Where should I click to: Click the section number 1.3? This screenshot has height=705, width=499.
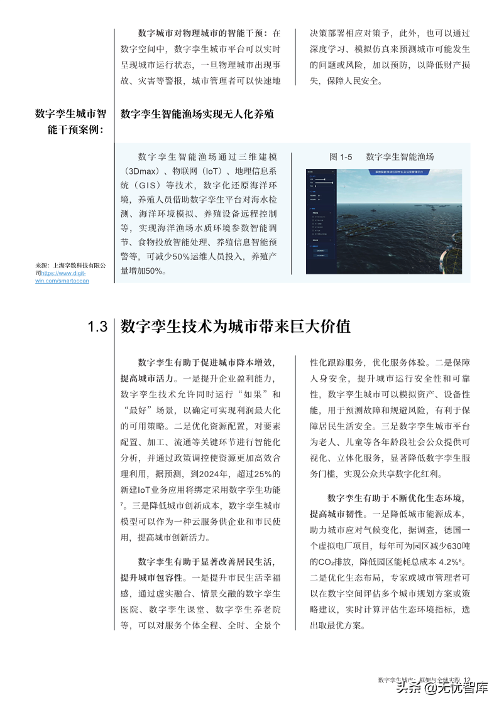97,327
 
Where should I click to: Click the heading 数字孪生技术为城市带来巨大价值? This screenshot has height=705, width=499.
235,326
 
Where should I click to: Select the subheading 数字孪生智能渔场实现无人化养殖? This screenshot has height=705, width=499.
197,114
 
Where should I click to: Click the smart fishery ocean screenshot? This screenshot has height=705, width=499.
383,221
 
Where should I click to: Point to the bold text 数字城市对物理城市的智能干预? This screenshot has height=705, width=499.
202,33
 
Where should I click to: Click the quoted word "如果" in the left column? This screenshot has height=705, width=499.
253,394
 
